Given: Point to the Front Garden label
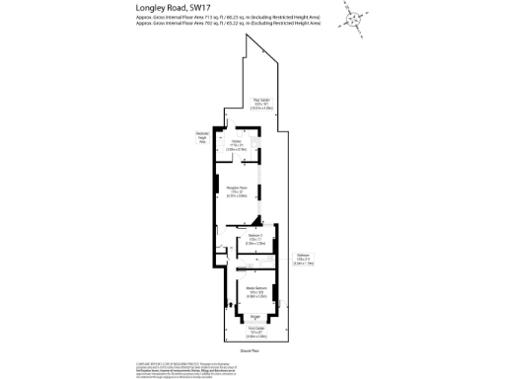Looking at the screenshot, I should [252, 333].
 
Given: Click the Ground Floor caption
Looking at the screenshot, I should [251, 350].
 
